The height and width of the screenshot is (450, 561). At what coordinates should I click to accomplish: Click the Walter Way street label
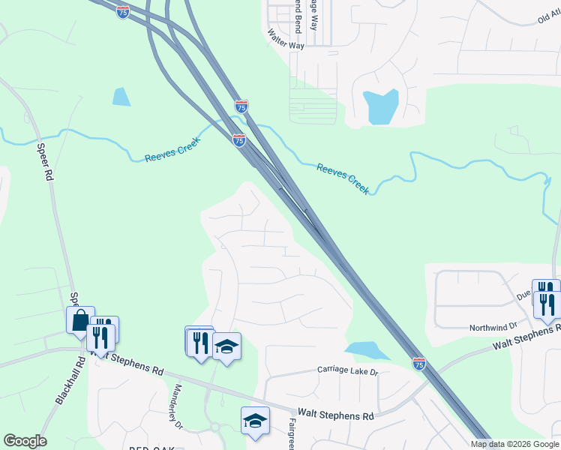[x=286, y=40]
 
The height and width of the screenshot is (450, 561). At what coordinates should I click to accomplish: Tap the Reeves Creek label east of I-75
[x=343, y=179]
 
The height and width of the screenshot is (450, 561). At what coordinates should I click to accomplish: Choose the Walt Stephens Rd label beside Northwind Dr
[x=525, y=337]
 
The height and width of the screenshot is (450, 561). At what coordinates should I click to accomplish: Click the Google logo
[x=25, y=441]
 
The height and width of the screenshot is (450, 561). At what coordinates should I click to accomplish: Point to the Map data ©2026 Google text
[x=515, y=444]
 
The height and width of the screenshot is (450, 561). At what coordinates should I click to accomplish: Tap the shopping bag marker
[x=80, y=321]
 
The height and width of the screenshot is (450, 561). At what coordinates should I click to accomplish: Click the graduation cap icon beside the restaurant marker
[x=226, y=347]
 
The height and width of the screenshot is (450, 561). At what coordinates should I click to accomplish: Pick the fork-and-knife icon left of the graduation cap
[x=200, y=342]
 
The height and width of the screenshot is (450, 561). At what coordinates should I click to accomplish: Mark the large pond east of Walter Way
[x=381, y=106]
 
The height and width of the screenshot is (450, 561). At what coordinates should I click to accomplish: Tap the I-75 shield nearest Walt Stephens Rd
[x=418, y=364]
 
